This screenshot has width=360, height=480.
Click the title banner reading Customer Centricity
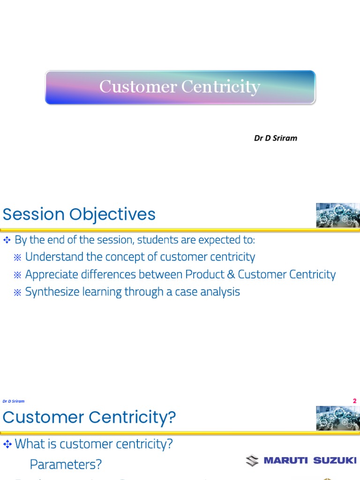click(x=180, y=87)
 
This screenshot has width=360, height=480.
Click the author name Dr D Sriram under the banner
click(x=275, y=138)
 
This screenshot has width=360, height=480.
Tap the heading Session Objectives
click(x=79, y=215)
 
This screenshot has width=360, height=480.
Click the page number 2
click(x=355, y=401)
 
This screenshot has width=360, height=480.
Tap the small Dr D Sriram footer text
click(x=13, y=401)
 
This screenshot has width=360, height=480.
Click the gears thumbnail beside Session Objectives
click(x=337, y=215)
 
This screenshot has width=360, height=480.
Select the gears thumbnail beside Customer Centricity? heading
click(x=337, y=418)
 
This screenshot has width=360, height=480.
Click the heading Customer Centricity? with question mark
click(x=89, y=418)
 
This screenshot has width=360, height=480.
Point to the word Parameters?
click(x=66, y=465)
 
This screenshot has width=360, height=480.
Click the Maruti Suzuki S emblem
click(x=252, y=461)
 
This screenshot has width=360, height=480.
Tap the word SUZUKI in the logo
click(x=335, y=461)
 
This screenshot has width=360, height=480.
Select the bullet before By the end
click(x=7, y=240)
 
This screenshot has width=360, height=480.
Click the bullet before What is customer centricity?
click(x=7, y=444)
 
